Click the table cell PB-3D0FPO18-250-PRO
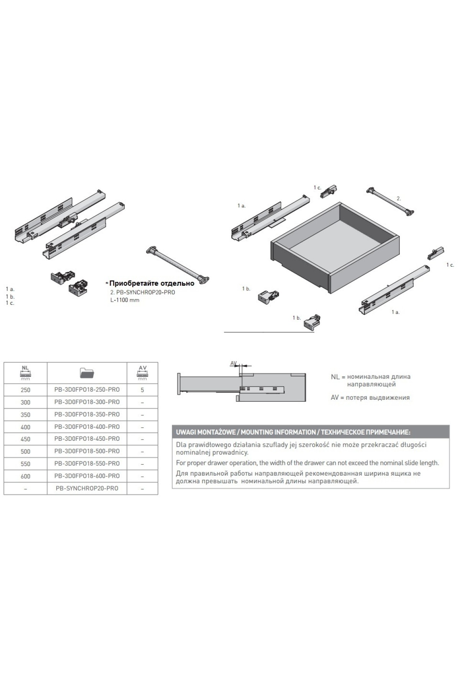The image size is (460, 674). coord(87,389)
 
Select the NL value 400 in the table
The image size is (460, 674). coord(25,427)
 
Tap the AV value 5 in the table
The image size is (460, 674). coord(142,390)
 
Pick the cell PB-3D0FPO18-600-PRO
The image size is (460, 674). coord(87,476)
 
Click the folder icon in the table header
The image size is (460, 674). coord(87,373)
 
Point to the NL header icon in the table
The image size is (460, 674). coord(25,373)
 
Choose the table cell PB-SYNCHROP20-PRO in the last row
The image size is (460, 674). coord(87,488)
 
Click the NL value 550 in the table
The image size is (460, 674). coord(25,464)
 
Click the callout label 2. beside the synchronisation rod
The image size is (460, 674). coord(399,198)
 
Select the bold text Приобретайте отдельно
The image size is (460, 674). coord(152,284)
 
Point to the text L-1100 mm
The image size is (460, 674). coord(125,300)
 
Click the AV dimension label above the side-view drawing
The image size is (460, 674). coord(233,363)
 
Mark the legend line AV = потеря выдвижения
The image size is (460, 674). coord(370,398)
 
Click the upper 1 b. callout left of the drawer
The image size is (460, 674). coord(246,289)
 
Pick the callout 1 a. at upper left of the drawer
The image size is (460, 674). coord(241,206)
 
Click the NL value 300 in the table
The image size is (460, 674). coord(25,402)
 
